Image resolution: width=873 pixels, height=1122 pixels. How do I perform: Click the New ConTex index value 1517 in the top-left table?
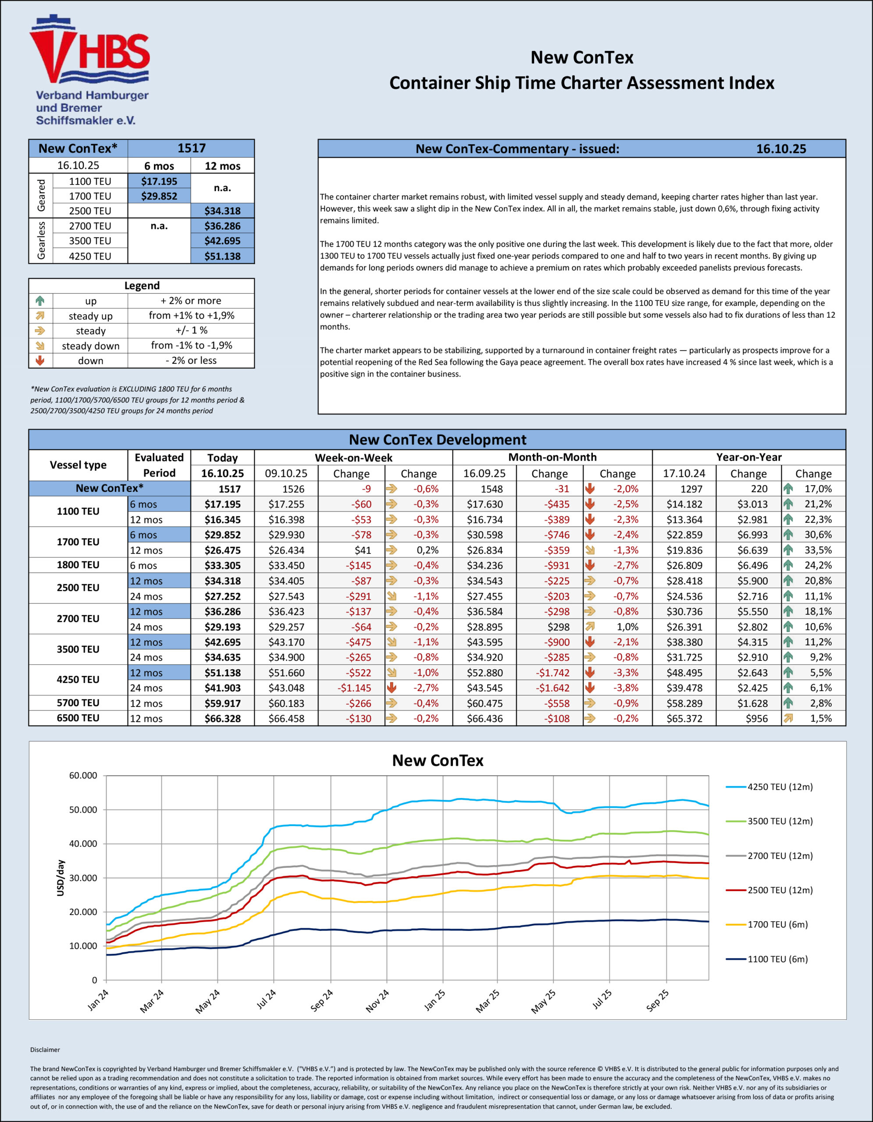coord(191,149)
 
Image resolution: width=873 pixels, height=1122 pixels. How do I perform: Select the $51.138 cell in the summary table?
coord(222,256)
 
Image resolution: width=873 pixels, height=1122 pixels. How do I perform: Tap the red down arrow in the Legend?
coord(40,361)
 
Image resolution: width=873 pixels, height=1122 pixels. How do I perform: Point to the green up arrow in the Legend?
coord(40,301)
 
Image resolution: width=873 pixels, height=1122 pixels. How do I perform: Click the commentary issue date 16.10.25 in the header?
coord(780,149)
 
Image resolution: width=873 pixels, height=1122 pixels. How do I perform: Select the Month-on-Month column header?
coord(552,457)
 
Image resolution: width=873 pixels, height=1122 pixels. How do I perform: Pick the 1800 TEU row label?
coord(78,565)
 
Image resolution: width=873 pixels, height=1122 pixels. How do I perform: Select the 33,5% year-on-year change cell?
coord(817,550)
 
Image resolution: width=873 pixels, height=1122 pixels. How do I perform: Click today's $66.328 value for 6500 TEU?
coord(222,719)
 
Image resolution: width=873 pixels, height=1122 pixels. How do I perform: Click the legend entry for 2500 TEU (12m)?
coord(780,890)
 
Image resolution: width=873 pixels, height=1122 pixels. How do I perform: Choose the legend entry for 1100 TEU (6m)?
coord(777,959)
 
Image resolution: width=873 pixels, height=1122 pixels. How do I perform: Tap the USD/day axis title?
coord(61,878)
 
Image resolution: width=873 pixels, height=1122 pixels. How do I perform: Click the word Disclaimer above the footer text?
coord(45,1050)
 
